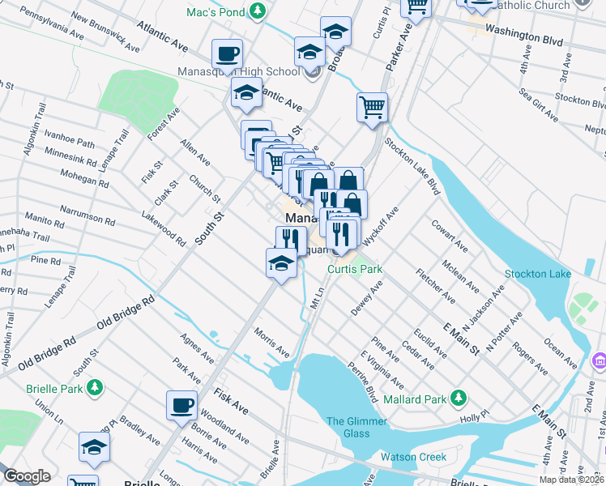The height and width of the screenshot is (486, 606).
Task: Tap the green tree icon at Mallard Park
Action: (459, 398)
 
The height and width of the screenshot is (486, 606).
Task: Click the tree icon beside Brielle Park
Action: (96, 387)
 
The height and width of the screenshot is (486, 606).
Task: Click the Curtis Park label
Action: (354, 269)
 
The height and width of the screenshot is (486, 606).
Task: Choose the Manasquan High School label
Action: (239, 71)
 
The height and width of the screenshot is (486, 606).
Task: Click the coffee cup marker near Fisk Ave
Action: (181, 404)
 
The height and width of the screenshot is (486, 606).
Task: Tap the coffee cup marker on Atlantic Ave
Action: (227, 54)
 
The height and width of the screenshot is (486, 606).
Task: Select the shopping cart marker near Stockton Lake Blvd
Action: (372, 107)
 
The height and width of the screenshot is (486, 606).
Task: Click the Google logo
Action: (27, 476)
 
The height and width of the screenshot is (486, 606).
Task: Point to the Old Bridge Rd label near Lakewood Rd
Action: (126, 312)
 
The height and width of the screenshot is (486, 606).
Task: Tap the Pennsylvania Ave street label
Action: (52, 24)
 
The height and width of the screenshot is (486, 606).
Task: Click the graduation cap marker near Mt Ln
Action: (281, 263)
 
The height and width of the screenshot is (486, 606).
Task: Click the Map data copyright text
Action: (571, 480)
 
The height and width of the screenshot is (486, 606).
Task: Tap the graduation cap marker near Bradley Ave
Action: (94, 447)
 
